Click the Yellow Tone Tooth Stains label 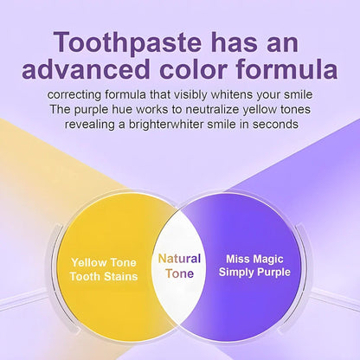pyautogui.click(x=103, y=267)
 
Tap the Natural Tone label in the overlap pyautogui.click(x=179, y=266)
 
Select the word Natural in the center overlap pyautogui.click(x=179, y=258)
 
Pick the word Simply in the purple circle pyautogui.click(x=236, y=272)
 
